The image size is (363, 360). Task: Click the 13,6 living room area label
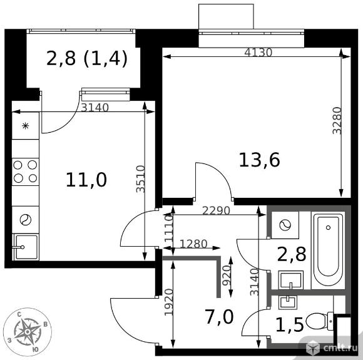pyautogui.click(x=259, y=160)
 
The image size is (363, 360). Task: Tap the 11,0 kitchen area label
pyautogui.click(x=86, y=180)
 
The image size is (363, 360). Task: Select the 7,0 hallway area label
pyautogui.click(x=220, y=317)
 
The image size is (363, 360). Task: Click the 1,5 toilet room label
pyautogui.click(x=290, y=324)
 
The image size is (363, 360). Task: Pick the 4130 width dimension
pyautogui.click(x=258, y=53)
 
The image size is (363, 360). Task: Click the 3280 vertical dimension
pyautogui.click(x=337, y=120)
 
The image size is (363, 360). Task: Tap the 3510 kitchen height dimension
pyautogui.click(x=141, y=179)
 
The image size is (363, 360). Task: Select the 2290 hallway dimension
pyautogui.click(x=216, y=211)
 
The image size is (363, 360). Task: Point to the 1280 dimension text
pyautogui.click(x=193, y=244)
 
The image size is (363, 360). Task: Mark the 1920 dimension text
pyautogui.click(x=169, y=302)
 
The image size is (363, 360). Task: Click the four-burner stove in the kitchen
pyautogui.click(x=25, y=172)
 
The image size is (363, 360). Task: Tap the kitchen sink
pyautogui.click(x=26, y=247)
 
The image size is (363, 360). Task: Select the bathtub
pyautogui.click(x=328, y=250)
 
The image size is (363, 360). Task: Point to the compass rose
pyautogui.click(x=28, y=332)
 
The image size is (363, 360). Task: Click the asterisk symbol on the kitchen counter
pyautogui.click(x=25, y=126)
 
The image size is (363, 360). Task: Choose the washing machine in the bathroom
pyautogui.click(x=285, y=225)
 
